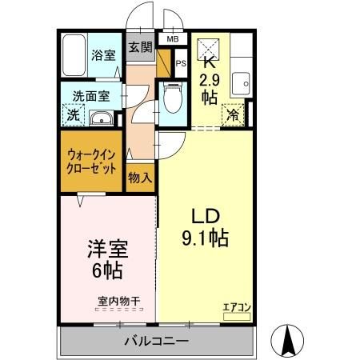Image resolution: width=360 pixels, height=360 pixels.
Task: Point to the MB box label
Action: click(x=173, y=38)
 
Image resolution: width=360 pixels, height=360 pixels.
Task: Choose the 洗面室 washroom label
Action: click(x=91, y=94)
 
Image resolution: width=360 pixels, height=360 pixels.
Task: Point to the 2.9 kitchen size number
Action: click(x=209, y=79)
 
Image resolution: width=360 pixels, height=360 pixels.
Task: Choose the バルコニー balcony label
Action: click(x=155, y=342)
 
